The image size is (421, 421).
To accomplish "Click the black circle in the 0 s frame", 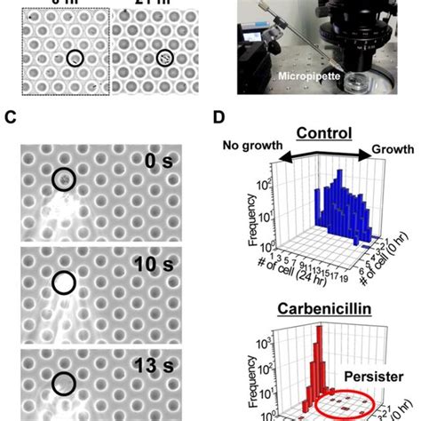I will [64, 179].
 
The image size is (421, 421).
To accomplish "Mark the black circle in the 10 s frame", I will [64, 282].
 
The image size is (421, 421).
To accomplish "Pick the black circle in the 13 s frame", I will [64, 383].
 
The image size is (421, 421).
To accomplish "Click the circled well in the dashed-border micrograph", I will [76, 59].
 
